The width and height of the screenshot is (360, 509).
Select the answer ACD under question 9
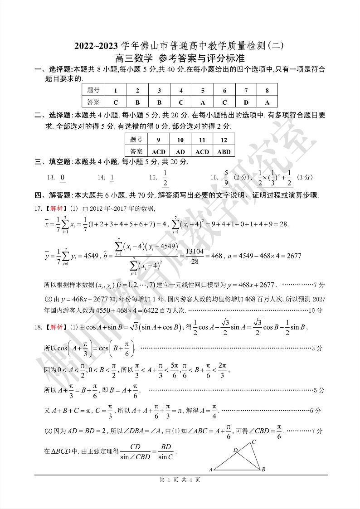point(158,152)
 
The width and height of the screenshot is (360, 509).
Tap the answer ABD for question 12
point(224,152)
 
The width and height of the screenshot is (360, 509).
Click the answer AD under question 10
point(180,152)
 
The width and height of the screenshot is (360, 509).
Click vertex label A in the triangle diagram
point(211,470)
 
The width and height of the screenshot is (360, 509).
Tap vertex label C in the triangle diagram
point(254,441)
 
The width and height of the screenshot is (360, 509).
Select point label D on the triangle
point(235,450)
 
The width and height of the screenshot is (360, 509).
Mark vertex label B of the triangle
point(263,470)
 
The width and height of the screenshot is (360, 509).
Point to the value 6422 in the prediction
point(153,310)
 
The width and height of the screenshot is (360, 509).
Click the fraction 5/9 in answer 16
point(226,177)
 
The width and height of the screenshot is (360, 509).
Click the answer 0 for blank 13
point(62,177)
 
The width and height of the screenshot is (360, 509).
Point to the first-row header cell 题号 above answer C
point(93,90)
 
